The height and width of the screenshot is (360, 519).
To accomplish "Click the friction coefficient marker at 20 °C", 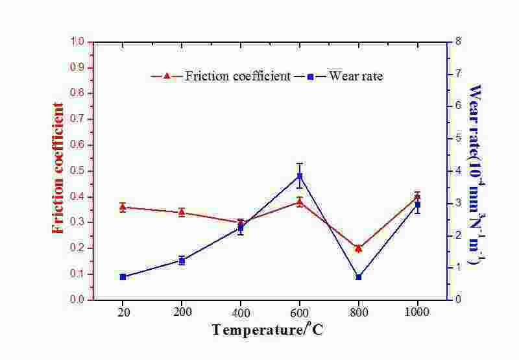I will pyautogui.click(x=123, y=207).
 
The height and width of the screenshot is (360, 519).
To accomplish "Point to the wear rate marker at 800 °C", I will pyautogui.click(x=359, y=277).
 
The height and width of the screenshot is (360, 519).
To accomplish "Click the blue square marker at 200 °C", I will pyautogui.click(x=182, y=261).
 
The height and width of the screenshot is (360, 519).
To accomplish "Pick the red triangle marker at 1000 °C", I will pyautogui.click(x=418, y=197).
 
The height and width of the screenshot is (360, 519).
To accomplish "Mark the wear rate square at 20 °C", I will pyautogui.click(x=123, y=277).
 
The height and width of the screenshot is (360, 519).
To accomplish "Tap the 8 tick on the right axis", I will pyautogui.click(x=458, y=42).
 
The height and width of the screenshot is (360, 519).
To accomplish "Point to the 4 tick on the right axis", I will pyautogui.click(x=458, y=171).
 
